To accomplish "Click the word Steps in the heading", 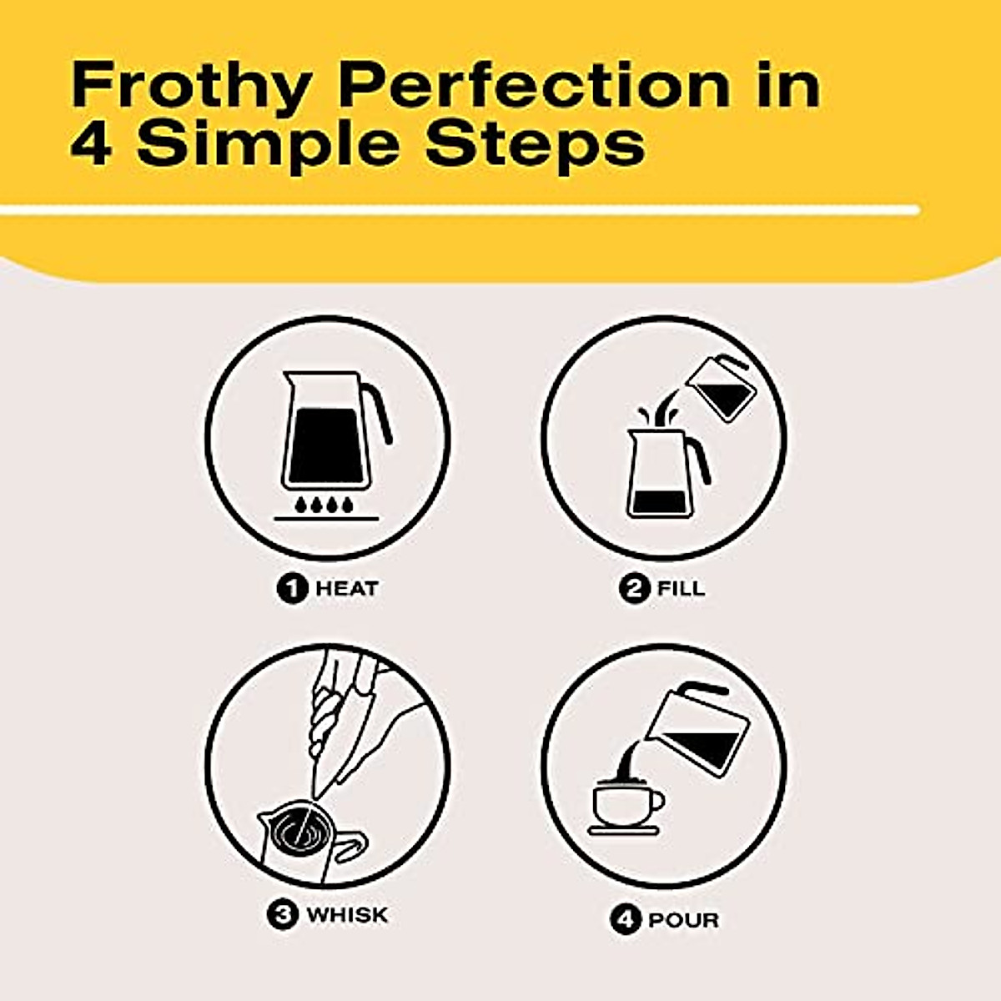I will click(535, 148).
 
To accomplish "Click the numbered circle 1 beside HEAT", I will click(292, 589).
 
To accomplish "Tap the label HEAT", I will click(346, 589).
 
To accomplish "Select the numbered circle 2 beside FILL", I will click(635, 589).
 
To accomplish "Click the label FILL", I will click(681, 589).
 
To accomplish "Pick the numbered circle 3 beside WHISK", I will click(283, 915).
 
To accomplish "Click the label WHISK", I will click(347, 915).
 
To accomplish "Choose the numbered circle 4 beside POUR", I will click(625, 920).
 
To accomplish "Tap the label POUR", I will click(683, 920).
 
